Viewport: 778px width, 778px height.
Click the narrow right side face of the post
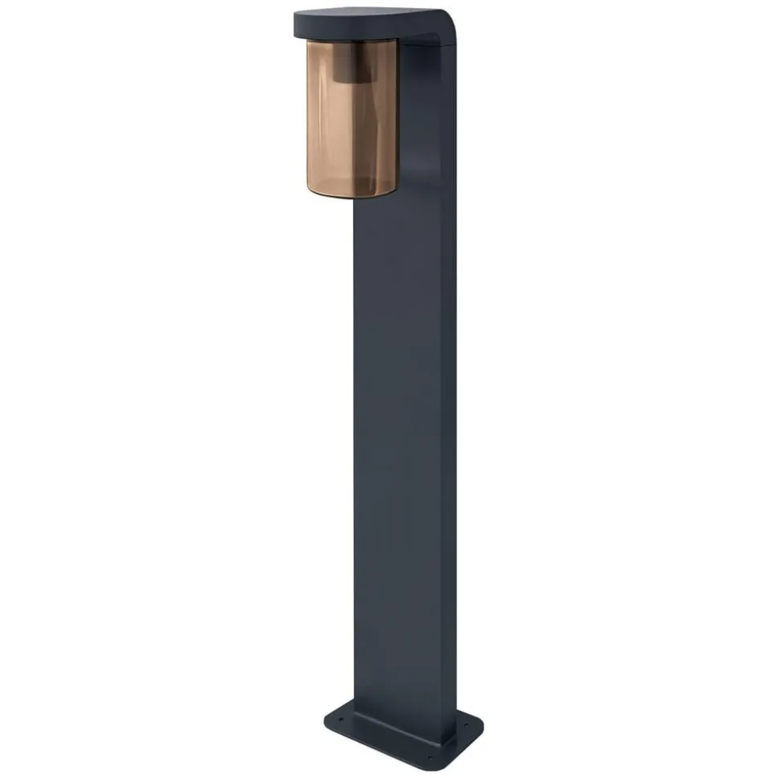click(x=446, y=401)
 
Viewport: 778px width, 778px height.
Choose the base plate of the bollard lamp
click(x=401, y=733)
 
